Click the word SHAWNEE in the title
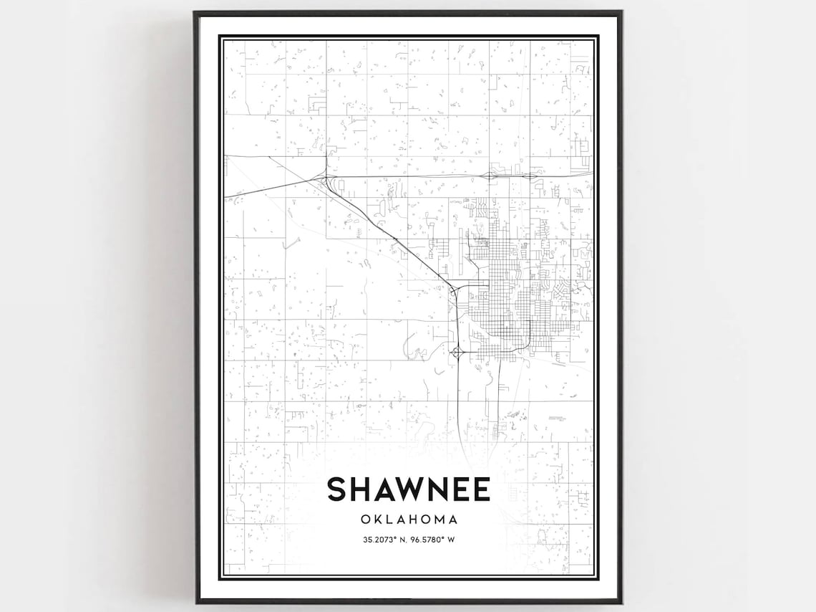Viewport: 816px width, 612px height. [408, 489]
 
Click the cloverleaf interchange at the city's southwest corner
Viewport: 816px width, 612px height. [457, 351]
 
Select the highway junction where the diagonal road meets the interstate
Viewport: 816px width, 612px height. [326, 177]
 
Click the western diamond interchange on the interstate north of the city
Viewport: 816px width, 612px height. [492, 174]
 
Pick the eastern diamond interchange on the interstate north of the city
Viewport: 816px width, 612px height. [529, 175]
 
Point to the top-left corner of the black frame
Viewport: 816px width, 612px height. [195, 12]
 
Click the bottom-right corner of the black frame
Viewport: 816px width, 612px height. [621, 601]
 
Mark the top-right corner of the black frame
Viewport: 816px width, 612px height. [621, 12]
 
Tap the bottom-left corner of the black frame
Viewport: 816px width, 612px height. [195, 601]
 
